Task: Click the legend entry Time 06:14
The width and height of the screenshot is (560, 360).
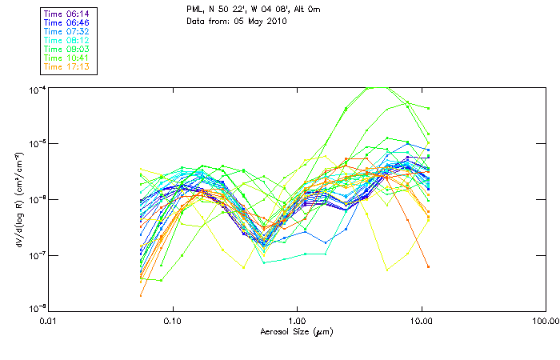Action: pyautogui.click(x=67, y=14)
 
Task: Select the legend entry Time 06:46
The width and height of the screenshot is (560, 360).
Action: pyautogui.click(x=67, y=22)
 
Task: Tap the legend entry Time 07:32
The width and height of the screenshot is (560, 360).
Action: pyautogui.click(x=67, y=31)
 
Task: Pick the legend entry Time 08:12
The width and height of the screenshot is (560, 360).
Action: pyautogui.click(x=67, y=40)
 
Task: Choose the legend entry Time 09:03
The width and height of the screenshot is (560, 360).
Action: pyautogui.click(x=67, y=49)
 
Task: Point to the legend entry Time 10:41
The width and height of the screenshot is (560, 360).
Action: pyautogui.click(x=67, y=58)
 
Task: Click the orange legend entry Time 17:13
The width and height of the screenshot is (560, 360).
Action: pyautogui.click(x=67, y=66)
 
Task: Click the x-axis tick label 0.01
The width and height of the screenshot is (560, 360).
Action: pyautogui.click(x=49, y=322)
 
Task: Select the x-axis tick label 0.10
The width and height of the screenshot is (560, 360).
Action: pyautogui.click(x=173, y=322)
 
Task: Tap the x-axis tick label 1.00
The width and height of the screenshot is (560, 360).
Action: pyautogui.click(x=297, y=322)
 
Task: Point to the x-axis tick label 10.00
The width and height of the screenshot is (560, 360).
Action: pyautogui.click(x=421, y=322)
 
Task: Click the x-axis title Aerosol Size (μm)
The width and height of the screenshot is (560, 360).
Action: pyautogui.click(x=297, y=331)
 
